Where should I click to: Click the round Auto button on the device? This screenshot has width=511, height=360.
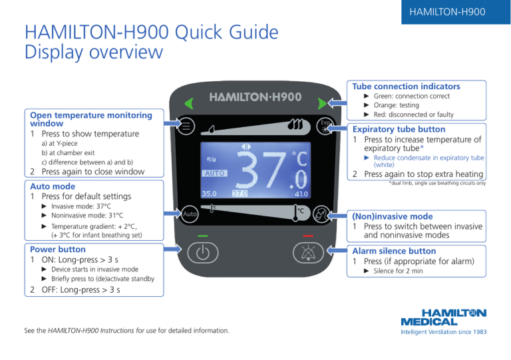[189, 215]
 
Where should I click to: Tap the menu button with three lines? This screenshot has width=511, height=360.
[187, 124]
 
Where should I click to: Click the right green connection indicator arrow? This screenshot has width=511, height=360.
[323, 102]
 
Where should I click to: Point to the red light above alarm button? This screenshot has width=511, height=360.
[307, 236]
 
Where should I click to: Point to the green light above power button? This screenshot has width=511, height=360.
[203, 236]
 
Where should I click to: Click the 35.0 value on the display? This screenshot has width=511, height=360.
[210, 194]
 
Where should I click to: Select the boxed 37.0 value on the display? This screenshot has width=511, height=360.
[240, 194]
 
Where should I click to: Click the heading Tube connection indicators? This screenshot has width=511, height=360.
[406, 87]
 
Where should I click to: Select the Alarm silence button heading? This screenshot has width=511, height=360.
[395, 251]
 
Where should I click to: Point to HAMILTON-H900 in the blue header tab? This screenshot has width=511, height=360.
[447, 13]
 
